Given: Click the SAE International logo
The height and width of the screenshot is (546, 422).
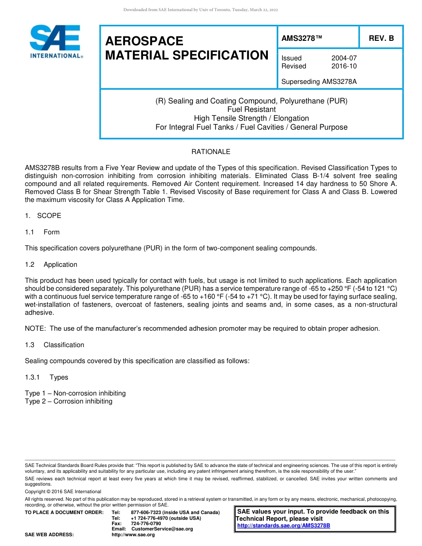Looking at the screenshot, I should click(55, 41).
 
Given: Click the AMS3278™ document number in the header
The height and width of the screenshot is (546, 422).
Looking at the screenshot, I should click(302, 38).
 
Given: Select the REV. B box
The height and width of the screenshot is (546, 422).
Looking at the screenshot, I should click(381, 38).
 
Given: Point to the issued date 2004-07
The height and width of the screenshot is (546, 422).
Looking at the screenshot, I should click(344, 58).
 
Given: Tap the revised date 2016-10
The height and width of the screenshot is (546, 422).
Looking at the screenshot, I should click(344, 66).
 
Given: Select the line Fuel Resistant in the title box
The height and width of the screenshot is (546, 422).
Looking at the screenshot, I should click(251, 109).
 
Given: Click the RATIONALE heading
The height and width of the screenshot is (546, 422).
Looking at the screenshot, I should click(211, 152).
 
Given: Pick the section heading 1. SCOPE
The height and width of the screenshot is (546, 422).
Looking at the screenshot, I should click(43, 216).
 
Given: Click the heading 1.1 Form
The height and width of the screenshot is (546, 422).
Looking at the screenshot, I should click(42, 232).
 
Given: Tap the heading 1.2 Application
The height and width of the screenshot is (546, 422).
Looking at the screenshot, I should click(51, 265).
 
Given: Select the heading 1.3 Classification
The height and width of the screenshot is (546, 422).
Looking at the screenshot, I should click(55, 345).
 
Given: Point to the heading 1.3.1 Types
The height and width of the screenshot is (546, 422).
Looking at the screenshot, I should click(47, 377).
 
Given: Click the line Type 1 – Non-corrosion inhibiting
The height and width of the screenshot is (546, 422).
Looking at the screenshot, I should click(75, 393).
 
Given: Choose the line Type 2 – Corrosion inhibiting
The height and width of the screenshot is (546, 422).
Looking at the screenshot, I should click(68, 401).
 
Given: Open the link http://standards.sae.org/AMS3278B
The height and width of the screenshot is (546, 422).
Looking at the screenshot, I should click(283, 526).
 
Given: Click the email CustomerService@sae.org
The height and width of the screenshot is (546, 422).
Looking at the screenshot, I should click(162, 529).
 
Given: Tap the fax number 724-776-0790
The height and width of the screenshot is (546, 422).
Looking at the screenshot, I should click(146, 523).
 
